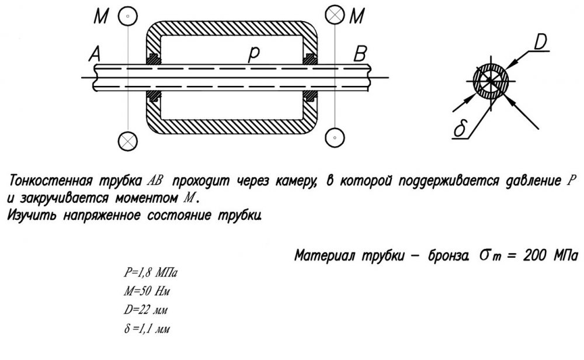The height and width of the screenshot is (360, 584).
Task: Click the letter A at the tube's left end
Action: pos(95,54)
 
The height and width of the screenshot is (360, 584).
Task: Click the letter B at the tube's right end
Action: pos(360,54)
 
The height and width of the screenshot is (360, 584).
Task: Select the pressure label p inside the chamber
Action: pos(253,54)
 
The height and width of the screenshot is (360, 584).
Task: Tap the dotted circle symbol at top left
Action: pos(128,16)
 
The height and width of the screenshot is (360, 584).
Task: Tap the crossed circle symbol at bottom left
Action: pos(128,141)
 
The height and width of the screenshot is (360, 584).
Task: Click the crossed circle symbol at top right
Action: pos(335,15)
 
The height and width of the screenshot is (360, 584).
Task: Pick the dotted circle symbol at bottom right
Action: pos(335,137)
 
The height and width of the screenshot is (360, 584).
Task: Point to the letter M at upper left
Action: pos(101,16)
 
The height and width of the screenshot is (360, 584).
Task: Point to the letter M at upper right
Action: pos(357,16)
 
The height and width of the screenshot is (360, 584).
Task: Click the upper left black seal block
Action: pos(154,59)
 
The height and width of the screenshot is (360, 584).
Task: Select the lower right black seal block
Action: pos(310,96)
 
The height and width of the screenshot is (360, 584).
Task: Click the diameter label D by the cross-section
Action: pos(541,41)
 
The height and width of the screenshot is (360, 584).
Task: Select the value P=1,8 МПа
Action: pos(151,273)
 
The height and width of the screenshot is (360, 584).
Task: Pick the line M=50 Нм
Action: pos(147,290)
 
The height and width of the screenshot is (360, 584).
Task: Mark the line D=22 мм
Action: pos(145,310)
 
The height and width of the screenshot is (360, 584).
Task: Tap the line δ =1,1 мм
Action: pos(147,328)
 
